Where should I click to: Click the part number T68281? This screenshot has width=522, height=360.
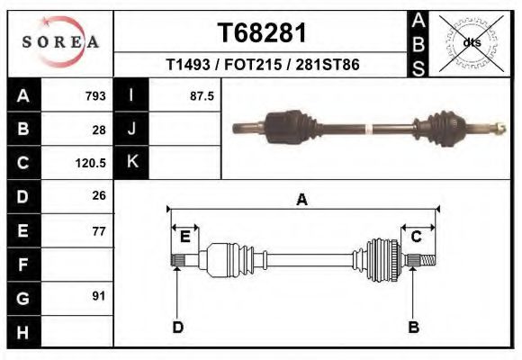tap(263, 33)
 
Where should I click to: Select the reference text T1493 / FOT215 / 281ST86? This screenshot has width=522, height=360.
tap(263, 66)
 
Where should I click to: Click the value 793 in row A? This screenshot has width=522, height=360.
tap(95, 96)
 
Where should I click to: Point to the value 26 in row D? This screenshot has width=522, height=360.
tap(99, 196)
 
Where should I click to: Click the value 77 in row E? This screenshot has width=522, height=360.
tap(99, 231)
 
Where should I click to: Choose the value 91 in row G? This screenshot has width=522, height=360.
tap(99, 296)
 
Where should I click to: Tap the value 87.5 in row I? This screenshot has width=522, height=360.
tap(202, 96)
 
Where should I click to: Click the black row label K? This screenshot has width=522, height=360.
tap(131, 163)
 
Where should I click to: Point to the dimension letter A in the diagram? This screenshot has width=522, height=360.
tap(301, 200)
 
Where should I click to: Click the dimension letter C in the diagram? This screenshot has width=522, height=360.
tap(417, 237)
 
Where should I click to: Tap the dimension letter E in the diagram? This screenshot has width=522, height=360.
tap(184, 237)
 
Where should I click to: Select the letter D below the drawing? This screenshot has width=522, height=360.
tap(177, 328)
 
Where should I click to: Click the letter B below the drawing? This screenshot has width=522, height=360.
tap(413, 328)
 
